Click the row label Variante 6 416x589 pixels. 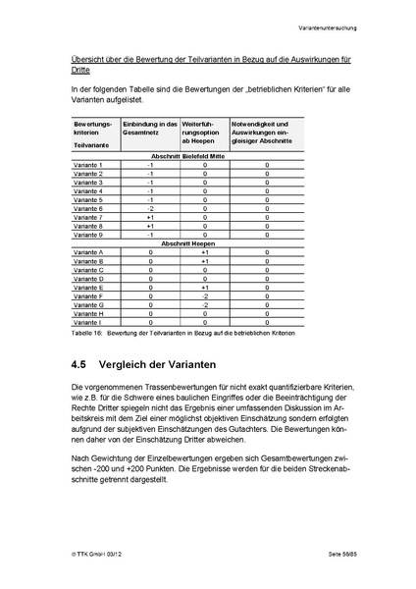pyautogui.click(x=88, y=208)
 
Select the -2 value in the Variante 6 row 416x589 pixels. pyautogui.click(x=150, y=208)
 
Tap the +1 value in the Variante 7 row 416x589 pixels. pyautogui.click(x=150, y=217)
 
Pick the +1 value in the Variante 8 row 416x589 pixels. pyautogui.click(x=150, y=226)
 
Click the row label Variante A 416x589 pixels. pyautogui.click(x=88, y=252)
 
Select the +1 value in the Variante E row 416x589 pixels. pyautogui.click(x=204, y=288)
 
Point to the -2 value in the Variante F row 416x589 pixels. pyautogui.click(x=204, y=296)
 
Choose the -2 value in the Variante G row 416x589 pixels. pyautogui.click(x=204, y=305)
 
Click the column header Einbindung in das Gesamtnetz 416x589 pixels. pyautogui.click(x=150, y=129)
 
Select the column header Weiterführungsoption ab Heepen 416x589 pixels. pyautogui.click(x=203, y=133)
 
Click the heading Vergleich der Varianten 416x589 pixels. pyautogui.click(x=162, y=363)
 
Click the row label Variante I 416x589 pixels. pyautogui.click(x=87, y=322)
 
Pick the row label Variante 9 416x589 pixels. pyautogui.click(x=88, y=235)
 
